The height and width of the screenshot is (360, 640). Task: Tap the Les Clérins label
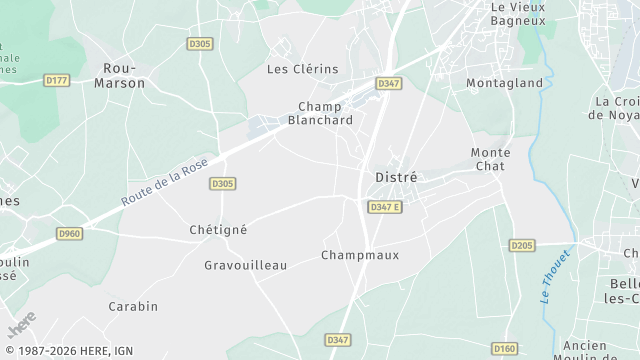302,69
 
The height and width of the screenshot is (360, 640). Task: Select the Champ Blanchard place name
320,113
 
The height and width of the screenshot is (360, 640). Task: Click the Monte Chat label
490,159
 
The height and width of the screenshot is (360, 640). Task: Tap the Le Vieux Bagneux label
518,13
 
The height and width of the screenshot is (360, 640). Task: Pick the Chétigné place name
218,229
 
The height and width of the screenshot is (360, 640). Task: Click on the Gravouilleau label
245,265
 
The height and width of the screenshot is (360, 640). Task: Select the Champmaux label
360,255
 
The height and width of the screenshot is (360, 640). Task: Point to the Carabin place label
133,306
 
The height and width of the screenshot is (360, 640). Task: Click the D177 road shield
57,79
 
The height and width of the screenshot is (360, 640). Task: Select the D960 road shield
69,233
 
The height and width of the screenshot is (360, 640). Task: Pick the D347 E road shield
384,207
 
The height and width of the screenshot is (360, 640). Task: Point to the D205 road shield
521,245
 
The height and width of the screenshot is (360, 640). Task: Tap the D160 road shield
505,348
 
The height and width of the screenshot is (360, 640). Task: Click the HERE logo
21,326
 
